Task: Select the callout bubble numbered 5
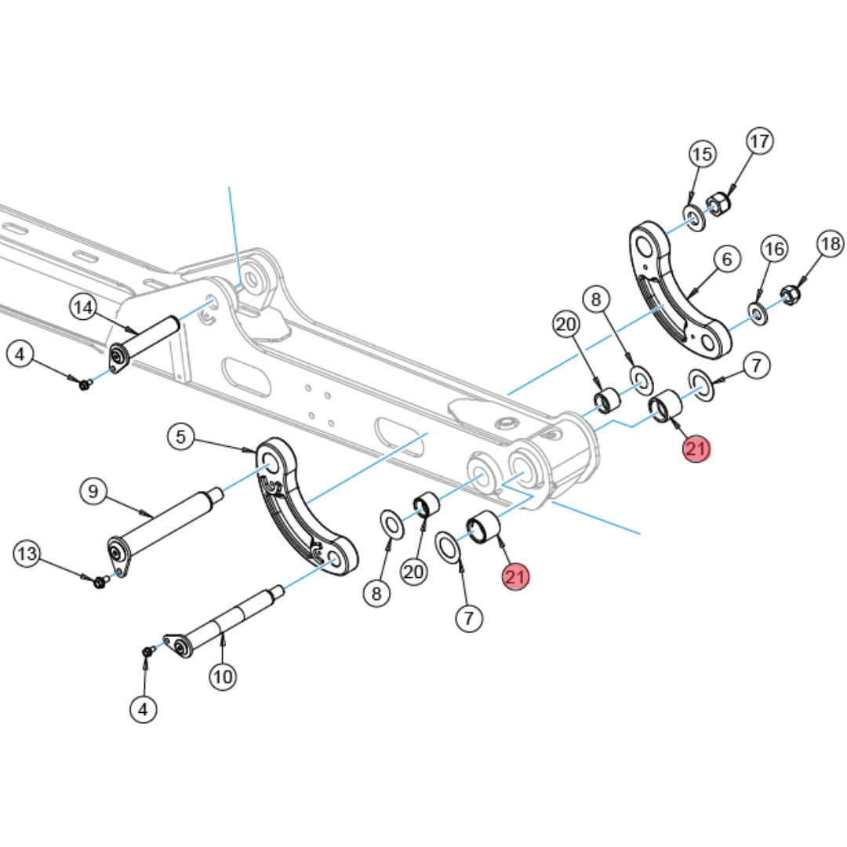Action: [x=181, y=437]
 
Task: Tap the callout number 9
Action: [x=93, y=492]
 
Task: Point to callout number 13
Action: [x=27, y=554]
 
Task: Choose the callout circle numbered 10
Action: [x=224, y=675]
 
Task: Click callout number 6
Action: [x=727, y=258]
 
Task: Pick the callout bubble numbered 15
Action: [x=703, y=154]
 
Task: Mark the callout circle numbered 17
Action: [x=759, y=141]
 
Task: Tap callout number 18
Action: [x=830, y=243]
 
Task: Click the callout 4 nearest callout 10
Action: [x=143, y=710]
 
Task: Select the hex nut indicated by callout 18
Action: [x=790, y=296]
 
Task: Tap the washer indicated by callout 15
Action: [x=693, y=217]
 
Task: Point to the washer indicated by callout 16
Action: [x=758, y=314]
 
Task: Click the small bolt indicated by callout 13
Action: [x=100, y=582]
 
